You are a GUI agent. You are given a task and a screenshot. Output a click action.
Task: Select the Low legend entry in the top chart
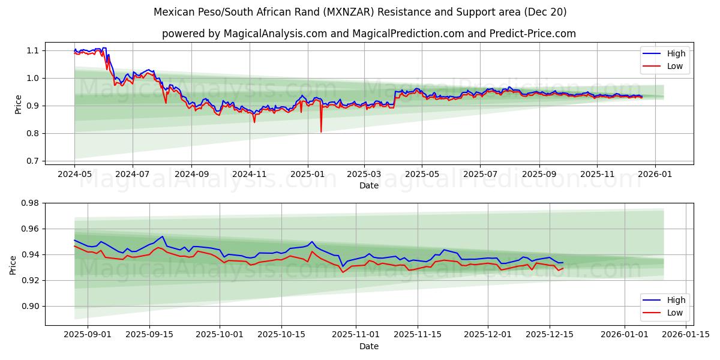click(x=675, y=66)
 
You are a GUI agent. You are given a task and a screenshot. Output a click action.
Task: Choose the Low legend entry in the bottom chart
click(x=675, y=313)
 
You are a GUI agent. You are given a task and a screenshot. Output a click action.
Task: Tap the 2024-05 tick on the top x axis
click(x=74, y=174)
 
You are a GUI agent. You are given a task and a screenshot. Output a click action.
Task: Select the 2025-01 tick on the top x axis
click(x=307, y=174)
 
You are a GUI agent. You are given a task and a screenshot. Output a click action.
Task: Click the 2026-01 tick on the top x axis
click(x=655, y=174)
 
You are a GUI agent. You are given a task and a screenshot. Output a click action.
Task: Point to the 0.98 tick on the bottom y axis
click(x=29, y=203)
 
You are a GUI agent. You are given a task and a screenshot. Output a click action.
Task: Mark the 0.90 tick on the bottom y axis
click(x=29, y=306)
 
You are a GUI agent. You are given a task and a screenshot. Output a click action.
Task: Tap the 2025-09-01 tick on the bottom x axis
click(x=88, y=335)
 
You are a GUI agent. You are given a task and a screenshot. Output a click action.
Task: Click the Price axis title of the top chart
click(x=18, y=104)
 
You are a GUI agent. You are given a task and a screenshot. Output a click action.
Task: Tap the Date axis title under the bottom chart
click(x=368, y=346)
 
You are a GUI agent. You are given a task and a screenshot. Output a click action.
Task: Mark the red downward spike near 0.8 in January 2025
click(x=321, y=131)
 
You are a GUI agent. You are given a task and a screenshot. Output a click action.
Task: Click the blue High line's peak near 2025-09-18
click(x=162, y=236)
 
